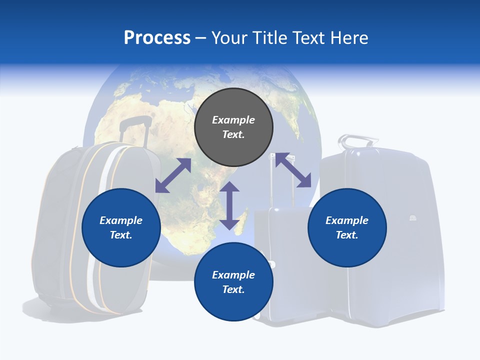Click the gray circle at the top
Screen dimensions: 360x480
[233, 127]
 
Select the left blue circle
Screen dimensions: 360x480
[121, 227]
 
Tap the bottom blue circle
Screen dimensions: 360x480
[233, 282]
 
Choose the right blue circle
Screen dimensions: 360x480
[347, 227]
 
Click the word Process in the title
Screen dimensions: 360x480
[157, 38]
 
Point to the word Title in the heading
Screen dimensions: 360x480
[270, 38]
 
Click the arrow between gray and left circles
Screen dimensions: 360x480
[173, 175]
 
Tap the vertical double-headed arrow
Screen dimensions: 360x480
[229, 205]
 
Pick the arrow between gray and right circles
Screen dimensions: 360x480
[293, 170]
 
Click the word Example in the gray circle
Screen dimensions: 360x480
[233, 120]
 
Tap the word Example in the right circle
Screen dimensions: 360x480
[347, 220]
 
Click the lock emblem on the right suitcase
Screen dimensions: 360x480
[413, 218]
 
